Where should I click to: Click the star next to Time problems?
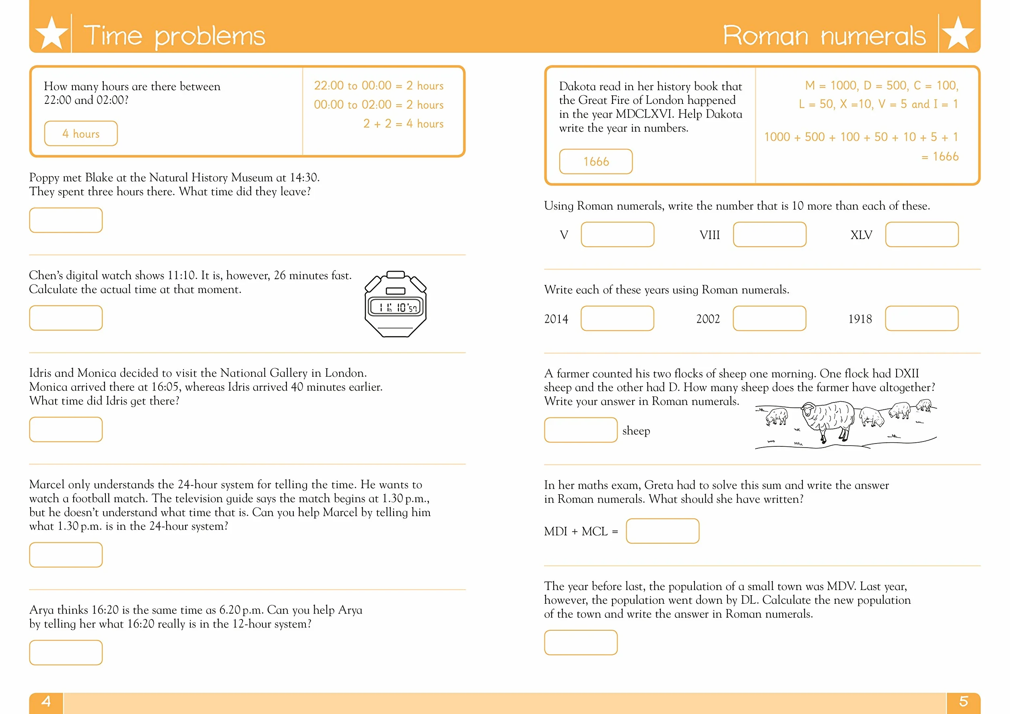click(x=52, y=33)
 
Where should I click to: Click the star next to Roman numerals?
click(x=958, y=33)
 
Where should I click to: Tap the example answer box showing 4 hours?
click(x=81, y=133)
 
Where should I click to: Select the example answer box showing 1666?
click(x=596, y=161)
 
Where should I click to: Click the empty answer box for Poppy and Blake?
click(x=66, y=220)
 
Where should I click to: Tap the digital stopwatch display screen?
click(x=396, y=307)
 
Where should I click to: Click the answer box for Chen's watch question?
click(x=66, y=318)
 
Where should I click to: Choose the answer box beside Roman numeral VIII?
click(x=770, y=235)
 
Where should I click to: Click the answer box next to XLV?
click(x=922, y=235)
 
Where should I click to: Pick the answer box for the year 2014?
click(x=618, y=318)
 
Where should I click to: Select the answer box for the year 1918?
click(x=922, y=318)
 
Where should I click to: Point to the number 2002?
click(x=708, y=318)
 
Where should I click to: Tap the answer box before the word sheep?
click(x=581, y=430)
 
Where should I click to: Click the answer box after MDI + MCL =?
click(x=662, y=531)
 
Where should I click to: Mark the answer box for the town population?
click(x=581, y=642)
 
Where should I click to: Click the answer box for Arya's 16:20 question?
click(x=66, y=652)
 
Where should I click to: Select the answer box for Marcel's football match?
click(x=66, y=555)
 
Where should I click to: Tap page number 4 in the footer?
click(x=46, y=701)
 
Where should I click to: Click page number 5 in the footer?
click(x=963, y=701)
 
